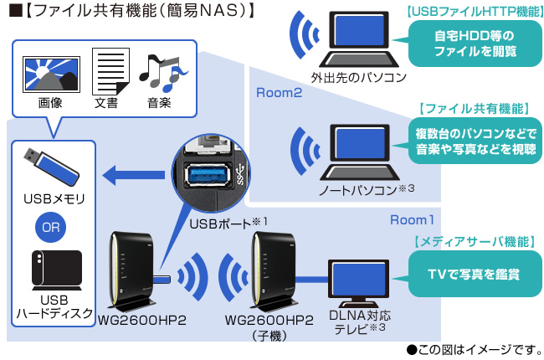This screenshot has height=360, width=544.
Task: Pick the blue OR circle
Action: point(52,226)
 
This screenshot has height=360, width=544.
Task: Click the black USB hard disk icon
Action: point(53,270)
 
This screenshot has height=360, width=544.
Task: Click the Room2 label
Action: point(279,93)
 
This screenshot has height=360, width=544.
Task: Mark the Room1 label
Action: point(413,220)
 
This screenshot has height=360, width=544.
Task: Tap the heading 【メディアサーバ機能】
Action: point(475,242)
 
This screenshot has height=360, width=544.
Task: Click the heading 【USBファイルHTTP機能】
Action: point(475,13)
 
